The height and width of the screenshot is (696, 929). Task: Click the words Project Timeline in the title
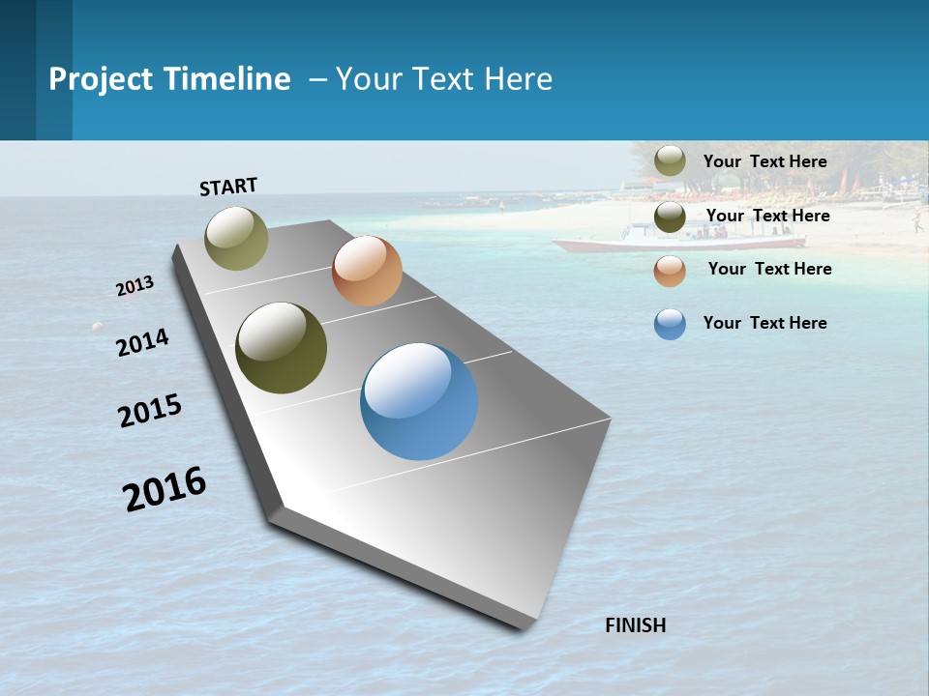169,79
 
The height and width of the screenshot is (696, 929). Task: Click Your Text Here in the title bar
444,79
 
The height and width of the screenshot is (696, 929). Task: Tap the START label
228,187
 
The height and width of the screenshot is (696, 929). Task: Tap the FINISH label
636,625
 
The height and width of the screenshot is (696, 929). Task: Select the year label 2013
135,285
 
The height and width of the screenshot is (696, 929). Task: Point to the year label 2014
142,342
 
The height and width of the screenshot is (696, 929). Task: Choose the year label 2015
150,410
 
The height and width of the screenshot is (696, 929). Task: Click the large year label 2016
165,488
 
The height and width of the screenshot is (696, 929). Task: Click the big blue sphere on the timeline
419,401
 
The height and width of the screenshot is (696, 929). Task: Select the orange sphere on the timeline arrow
367,271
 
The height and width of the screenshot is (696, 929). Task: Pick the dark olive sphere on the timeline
281,348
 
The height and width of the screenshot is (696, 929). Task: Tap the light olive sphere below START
236,238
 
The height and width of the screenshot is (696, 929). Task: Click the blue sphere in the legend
670,324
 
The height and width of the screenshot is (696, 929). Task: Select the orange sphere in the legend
670,271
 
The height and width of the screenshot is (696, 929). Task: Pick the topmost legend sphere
670,161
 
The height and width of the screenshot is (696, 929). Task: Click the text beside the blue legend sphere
764,323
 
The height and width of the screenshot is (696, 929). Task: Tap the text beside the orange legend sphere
769,269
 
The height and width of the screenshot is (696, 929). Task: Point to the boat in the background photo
677,237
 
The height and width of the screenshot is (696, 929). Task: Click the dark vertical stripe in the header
17,70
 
